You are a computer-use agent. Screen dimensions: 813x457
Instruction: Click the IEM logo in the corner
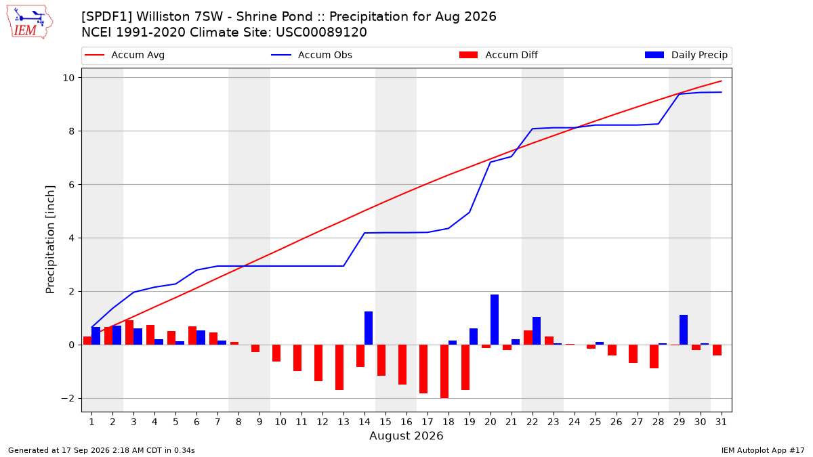coord(30,22)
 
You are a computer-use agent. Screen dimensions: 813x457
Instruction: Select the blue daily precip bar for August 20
coord(495,320)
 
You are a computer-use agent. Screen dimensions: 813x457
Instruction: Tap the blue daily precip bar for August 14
coord(369,328)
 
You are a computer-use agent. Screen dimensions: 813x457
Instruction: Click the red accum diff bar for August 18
coord(444,372)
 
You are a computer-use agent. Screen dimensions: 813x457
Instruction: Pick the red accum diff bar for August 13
coord(339,368)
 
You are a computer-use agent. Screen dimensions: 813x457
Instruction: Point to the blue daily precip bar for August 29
coord(684,330)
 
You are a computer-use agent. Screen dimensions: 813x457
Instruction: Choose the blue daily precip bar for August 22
coord(537,331)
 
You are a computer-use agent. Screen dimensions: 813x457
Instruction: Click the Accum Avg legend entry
coord(125,55)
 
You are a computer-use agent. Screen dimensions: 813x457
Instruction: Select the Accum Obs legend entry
coord(312,55)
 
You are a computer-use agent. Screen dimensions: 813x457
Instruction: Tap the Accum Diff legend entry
coord(499,55)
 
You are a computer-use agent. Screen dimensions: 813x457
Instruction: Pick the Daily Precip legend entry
coord(686,55)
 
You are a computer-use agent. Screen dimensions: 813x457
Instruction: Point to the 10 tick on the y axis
coord(68,78)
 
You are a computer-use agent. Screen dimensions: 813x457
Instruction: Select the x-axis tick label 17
coord(428,422)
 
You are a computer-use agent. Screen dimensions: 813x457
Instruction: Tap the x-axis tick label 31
coord(721,422)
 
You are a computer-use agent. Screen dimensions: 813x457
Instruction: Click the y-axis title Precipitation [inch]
coord(50,240)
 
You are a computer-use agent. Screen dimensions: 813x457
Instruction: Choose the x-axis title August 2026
coord(406,435)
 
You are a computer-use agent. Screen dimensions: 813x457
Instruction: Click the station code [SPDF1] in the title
coord(107,17)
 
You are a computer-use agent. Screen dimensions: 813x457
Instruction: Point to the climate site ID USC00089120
coord(321,32)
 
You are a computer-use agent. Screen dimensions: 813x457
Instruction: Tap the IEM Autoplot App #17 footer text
coord(763,450)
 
